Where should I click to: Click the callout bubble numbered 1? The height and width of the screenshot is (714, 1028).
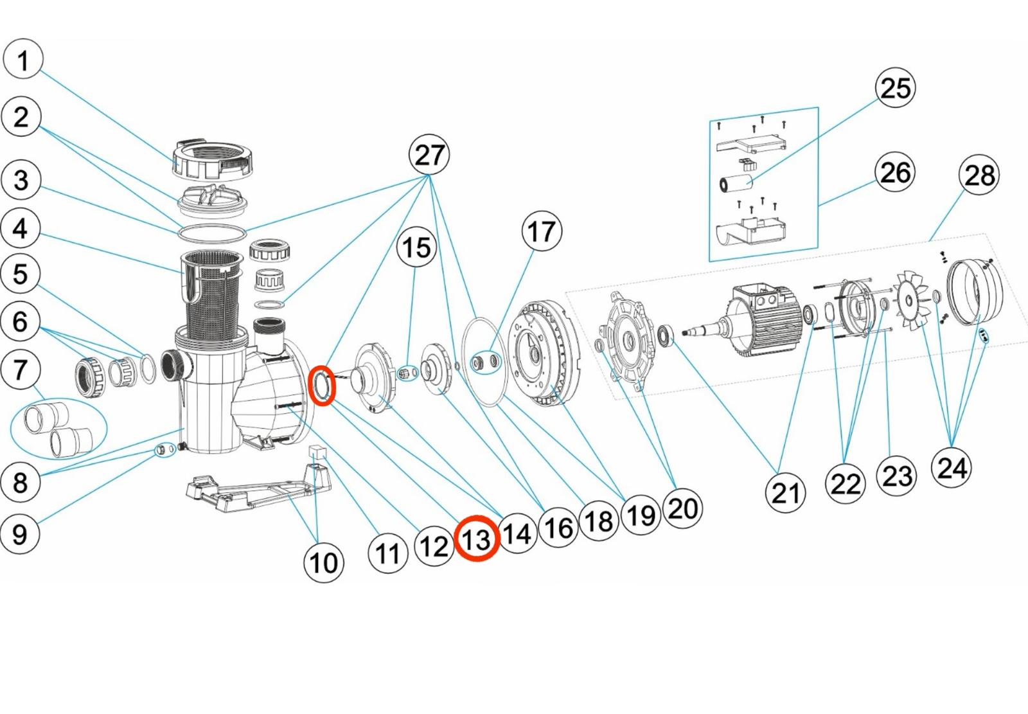pyautogui.click(x=23, y=60)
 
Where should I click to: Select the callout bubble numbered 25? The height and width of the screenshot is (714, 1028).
pyautogui.click(x=895, y=87)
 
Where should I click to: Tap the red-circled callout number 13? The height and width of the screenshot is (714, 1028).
pyautogui.click(x=477, y=539)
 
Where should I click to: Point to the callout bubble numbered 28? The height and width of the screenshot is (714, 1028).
pyautogui.click(x=979, y=175)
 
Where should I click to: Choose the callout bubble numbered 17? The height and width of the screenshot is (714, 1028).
pyautogui.click(x=542, y=231)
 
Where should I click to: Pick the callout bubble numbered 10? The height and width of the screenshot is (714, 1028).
pyautogui.click(x=323, y=562)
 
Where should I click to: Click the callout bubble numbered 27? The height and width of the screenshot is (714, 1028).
pyautogui.click(x=429, y=155)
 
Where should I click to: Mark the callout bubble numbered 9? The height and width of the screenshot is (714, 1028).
pyautogui.click(x=20, y=533)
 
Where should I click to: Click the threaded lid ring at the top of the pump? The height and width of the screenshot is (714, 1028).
pyautogui.click(x=211, y=159)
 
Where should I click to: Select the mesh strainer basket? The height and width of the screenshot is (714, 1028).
pyautogui.click(x=211, y=289)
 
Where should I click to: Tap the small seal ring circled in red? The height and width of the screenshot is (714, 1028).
pyautogui.click(x=322, y=386)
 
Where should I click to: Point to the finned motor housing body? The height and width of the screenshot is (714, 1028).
pyautogui.click(x=765, y=316)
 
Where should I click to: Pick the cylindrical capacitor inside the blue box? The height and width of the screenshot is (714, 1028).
pyautogui.click(x=736, y=183)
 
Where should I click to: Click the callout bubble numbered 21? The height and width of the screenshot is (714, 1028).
pyautogui.click(x=785, y=492)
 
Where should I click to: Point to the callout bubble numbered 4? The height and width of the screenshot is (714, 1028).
pyautogui.click(x=21, y=228)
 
